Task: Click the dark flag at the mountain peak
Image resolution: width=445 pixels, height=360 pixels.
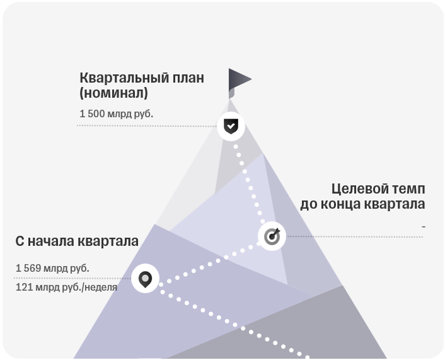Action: [240, 83]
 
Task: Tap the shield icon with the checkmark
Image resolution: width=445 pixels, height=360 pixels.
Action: [231, 126]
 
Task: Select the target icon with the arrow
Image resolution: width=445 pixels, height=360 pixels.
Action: [272, 236]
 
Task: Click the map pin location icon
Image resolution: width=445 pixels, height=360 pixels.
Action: [145, 279]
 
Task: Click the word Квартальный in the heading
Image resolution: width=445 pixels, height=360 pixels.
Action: [120, 78]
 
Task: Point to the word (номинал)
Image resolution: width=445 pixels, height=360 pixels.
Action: [113, 93]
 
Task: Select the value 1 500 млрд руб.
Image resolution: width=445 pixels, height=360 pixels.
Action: [116, 113]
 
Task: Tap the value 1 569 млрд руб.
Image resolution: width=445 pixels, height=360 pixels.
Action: [52, 268]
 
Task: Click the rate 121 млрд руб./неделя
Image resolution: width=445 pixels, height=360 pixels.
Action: [66, 287]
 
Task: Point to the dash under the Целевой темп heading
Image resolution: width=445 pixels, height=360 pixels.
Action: [424, 226]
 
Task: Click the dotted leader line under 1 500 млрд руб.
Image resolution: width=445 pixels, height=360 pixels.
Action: [147, 125]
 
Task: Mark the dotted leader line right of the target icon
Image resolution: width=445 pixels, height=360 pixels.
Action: [355, 236]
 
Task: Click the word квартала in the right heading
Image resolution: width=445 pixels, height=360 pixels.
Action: [395, 204]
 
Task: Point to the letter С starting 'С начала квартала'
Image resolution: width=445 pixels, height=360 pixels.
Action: [20, 241]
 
